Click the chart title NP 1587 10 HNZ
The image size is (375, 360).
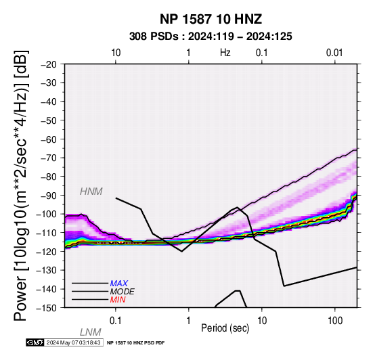(211, 19)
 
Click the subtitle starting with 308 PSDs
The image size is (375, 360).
(211, 37)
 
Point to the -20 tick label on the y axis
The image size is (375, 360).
(49, 64)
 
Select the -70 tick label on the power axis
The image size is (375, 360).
(49, 158)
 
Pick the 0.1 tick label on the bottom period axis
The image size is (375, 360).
(116, 321)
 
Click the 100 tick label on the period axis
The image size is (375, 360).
(335, 321)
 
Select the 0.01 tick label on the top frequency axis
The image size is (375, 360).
(334, 53)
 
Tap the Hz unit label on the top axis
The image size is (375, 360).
(225, 53)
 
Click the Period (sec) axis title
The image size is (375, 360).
(225, 328)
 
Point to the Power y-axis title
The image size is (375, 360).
(21, 185)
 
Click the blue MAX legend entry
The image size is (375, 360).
(119, 284)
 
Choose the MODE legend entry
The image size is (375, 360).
(123, 292)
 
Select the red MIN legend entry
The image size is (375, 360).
(118, 300)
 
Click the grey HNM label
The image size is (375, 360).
(91, 192)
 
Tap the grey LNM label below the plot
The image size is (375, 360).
(91, 332)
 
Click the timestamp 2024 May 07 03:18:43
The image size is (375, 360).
(73, 342)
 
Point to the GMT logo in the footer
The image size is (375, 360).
(35, 342)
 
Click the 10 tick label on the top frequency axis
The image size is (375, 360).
(116, 53)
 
